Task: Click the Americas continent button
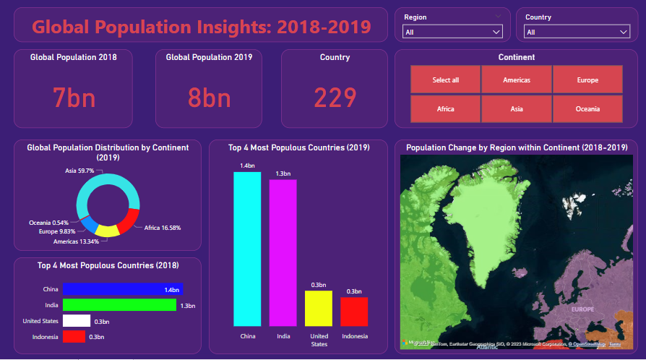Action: tap(517, 80)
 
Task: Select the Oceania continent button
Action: tap(587, 109)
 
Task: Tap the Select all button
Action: tap(445, 80)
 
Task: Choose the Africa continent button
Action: tap(445, 109)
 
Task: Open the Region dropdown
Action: tap(452, 32)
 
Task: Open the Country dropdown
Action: tap(577, 32)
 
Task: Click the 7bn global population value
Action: tap(73, 98)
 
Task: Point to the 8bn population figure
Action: tap(209, 98)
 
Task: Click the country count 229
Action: tap(335, 98)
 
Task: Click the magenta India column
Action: tap(283, 252)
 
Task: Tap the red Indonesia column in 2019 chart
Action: tap(354, 312)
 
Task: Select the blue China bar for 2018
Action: tap(123, 289)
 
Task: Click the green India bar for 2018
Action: tap(119, 305)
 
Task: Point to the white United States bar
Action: tap(77, 321)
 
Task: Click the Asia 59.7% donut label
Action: tap(80, 171)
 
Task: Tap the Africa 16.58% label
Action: tap(162, 228)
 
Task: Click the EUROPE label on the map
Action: tap(582, 309)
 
